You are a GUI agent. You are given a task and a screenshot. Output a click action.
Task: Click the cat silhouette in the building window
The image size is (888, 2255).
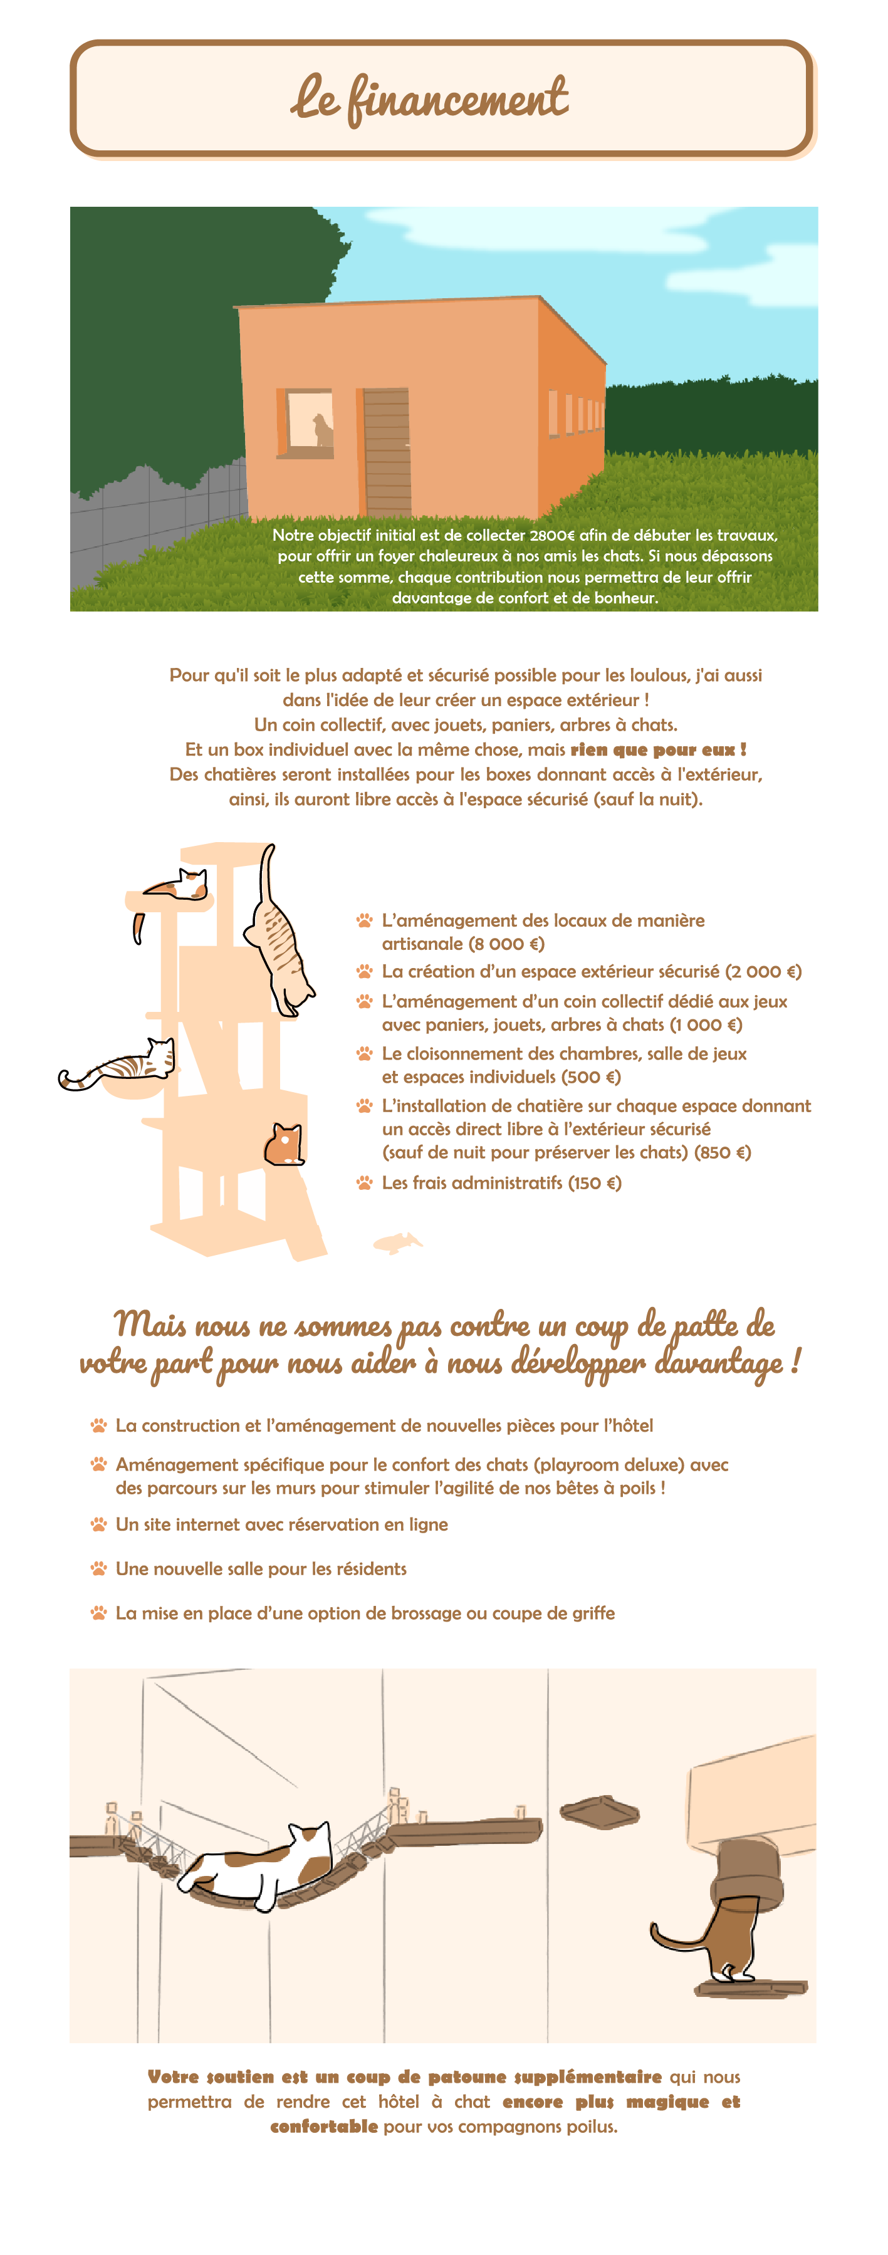point(323,429)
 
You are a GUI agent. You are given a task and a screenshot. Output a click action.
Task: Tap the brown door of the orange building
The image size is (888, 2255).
point(386,452)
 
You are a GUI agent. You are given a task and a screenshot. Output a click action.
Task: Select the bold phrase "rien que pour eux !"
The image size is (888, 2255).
point(657,749)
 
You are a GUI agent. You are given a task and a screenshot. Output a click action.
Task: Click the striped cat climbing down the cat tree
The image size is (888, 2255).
point(280,941)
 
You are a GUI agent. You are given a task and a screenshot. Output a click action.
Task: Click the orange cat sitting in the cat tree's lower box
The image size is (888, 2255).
point(284,1144)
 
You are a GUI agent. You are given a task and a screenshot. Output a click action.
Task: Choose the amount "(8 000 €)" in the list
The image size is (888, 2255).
point(506,944)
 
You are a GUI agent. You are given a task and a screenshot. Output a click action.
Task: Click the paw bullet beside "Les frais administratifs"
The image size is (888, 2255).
point(364,1183)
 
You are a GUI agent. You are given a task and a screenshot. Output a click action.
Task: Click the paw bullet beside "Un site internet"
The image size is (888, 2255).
point(99,1524)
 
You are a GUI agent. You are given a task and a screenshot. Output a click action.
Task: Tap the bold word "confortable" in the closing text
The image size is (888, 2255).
point(324,2127)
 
